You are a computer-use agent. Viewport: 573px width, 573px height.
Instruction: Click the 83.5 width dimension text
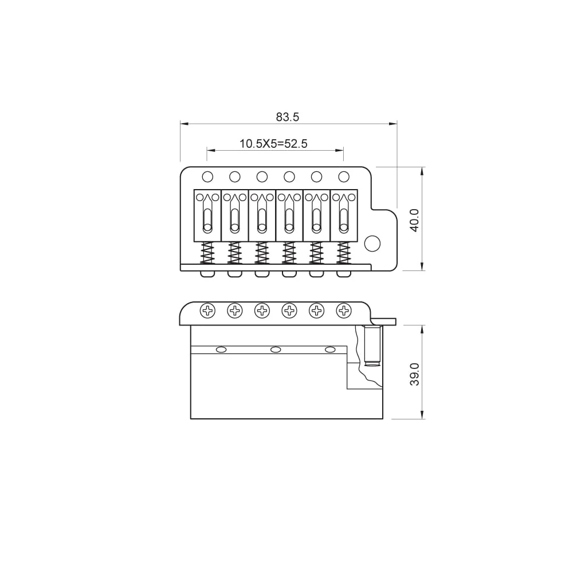(x=288, y=117)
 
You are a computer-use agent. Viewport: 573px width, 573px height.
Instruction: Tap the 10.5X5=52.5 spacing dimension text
(x=273, y=144)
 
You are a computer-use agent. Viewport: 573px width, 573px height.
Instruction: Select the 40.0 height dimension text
(x=414, y=219)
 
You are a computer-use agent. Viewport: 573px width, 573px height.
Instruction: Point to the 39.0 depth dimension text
(x=414, y=374)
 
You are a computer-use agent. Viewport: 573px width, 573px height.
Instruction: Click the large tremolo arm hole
(x=372, y=243)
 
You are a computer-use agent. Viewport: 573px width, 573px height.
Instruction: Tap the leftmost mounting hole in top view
(x=207, y=176)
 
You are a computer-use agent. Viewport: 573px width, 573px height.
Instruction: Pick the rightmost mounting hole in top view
(x=344, y=176)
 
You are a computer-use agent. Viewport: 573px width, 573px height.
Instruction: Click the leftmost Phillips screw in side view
(x=207, y=311)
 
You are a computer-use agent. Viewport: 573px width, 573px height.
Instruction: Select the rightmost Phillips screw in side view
(x=344, y=311)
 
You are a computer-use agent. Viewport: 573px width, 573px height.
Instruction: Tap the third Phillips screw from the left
(x=262, y=311)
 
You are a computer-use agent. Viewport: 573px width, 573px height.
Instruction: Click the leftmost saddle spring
(x=207, y=252)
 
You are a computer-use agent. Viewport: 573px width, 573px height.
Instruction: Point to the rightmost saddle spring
(x=344, y=252)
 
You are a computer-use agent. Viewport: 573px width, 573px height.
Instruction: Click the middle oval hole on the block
(x=276, y=350)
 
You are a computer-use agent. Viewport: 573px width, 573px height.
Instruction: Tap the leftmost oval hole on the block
(x=221, y=350)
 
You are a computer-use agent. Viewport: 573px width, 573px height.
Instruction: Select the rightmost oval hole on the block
(x=330, y=350)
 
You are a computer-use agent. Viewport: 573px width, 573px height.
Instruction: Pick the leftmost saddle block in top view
(x=207, y=215)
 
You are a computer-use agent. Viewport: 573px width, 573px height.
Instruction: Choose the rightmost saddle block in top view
(x=344, y=215)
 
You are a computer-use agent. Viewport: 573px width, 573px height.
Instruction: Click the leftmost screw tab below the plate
(x=207, y=274)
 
